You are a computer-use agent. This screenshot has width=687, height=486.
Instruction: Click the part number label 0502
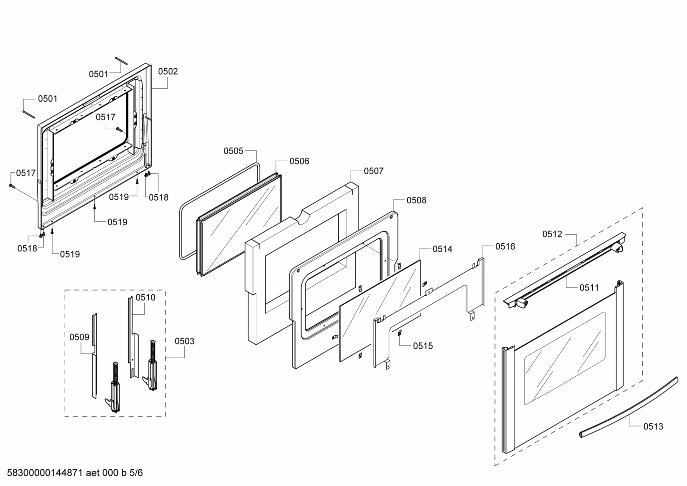(x=168, y=72)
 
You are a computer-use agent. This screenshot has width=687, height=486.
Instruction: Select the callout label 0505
(x=233, y=151)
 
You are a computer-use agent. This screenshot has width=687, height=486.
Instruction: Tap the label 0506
(x=299, y=161)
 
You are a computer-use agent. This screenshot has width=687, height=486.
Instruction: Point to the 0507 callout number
(x=374, y=171)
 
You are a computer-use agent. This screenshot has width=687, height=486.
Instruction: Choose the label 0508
(x=416, y=200)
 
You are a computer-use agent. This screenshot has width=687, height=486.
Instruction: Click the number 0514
(x=442, y=249)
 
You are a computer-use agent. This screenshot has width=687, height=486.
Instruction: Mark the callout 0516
(x=505, y=247)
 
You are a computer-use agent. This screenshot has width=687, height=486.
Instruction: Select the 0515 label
(x=423, y=346)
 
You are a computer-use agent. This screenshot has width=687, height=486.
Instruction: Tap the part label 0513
(x=653, y=426)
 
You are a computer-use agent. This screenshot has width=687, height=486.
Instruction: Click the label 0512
(x=552, y=234)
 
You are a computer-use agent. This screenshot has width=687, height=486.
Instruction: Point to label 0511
(x=589, y=288)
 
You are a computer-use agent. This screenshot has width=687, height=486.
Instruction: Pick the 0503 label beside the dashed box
(x=184, y=341)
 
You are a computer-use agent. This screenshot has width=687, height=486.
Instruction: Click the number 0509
(x=79, y=337)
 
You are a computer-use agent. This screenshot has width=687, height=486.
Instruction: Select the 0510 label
(x=145, y=298)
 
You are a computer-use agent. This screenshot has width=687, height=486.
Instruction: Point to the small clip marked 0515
(x=399, y=333)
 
